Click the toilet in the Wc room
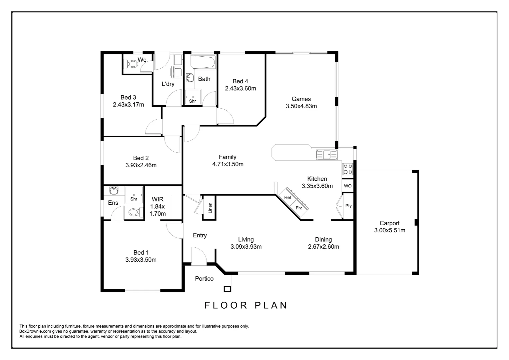point(131,63)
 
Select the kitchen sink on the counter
point(327,155)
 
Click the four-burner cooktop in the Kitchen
point(348,169)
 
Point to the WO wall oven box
point(347,186)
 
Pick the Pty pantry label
point(348,206)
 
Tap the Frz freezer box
point(299,208)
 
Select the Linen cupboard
point(210,208)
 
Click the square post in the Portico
point(227,289)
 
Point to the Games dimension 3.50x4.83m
point(301,106)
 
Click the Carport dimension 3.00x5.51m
point(389,230)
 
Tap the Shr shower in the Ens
point(134,195)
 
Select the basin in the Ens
point(114,191)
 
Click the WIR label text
point(157,199)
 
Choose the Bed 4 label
point(240,81)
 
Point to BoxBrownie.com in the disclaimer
point(35,331)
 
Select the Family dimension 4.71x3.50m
point(228,164)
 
